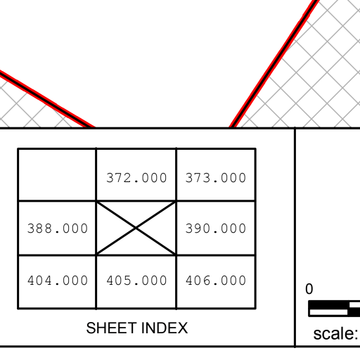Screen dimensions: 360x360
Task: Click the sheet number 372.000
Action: tap(136, 178)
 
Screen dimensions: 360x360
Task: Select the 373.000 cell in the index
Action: tap(216, 175)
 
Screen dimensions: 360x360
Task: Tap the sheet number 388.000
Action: tap(58, 229)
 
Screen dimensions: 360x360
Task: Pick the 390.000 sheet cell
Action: tap(216, 228)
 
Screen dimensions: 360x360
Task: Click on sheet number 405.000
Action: tap(136, 281)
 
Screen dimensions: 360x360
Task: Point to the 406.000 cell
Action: tap(216, 282)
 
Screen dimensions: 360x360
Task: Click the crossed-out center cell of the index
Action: tap(136, 228)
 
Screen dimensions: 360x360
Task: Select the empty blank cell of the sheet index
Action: tap(57, 175)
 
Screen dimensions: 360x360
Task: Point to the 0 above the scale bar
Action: tap(309, 289)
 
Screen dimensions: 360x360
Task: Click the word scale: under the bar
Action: tap(335, 333)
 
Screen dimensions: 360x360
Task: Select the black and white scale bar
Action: tap(334, 309)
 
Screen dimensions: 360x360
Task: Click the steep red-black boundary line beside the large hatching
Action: tap(275, 64)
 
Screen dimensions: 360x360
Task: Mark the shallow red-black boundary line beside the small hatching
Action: tap(47, 99)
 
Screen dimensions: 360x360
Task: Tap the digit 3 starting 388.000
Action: tap(30, 229)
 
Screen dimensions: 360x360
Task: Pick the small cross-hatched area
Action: tap(28, 110)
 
